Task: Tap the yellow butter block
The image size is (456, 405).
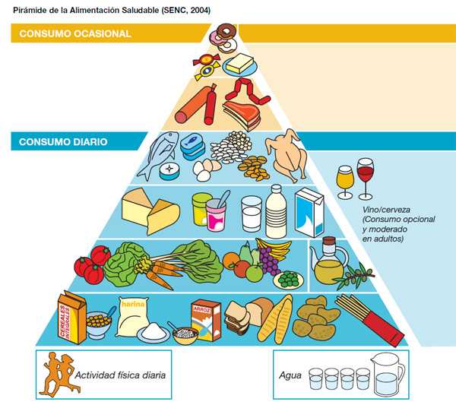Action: coord(240,63)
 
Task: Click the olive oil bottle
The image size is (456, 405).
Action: coord(328,262)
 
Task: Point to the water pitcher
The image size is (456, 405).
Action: coord(390,375)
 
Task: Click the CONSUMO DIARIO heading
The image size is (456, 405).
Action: coord(63,141)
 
